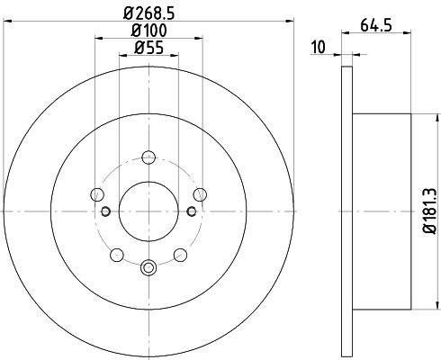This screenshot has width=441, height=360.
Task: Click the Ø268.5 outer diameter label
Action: (x=148, y=14)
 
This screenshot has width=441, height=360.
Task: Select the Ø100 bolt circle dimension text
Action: (x=148, y=31)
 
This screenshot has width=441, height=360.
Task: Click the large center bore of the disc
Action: (x=148, y=210)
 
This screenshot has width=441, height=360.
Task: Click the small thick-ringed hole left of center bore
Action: (x=105, y=211)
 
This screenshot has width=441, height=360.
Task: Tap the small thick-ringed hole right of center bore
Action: (x=192, y=211)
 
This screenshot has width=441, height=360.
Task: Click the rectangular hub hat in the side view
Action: (x=382, y=210)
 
